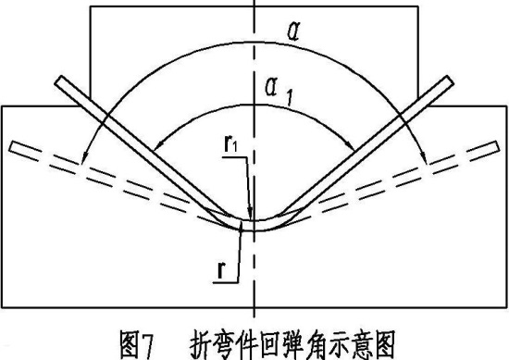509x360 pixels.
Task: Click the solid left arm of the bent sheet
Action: click(139, 148)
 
